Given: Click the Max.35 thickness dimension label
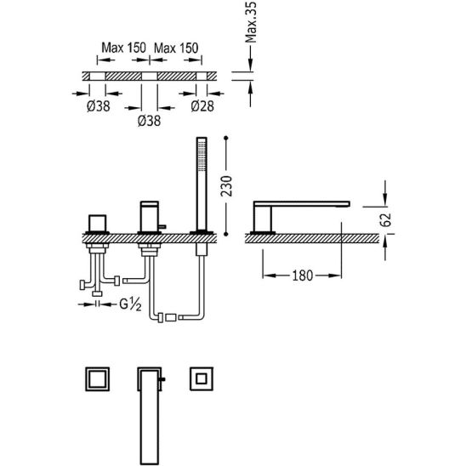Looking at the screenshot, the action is click(x=252, y=22).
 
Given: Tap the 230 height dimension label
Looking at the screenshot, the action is click(x=226, y=186).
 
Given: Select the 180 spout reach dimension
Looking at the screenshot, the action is click(x=303, y=276).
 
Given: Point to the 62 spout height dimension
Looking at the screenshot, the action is click(x=386, y=219).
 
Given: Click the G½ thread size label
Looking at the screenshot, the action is click(x=130, y=304).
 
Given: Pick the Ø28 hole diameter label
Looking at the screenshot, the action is click(x=202, y=106).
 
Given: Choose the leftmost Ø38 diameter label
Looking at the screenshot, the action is click(x=99, y=106).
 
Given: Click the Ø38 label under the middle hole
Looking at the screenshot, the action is click(x=149, y=121).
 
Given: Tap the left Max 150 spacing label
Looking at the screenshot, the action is click(x=123, y=48).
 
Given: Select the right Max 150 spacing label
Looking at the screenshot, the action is click(x=176, y=48).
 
